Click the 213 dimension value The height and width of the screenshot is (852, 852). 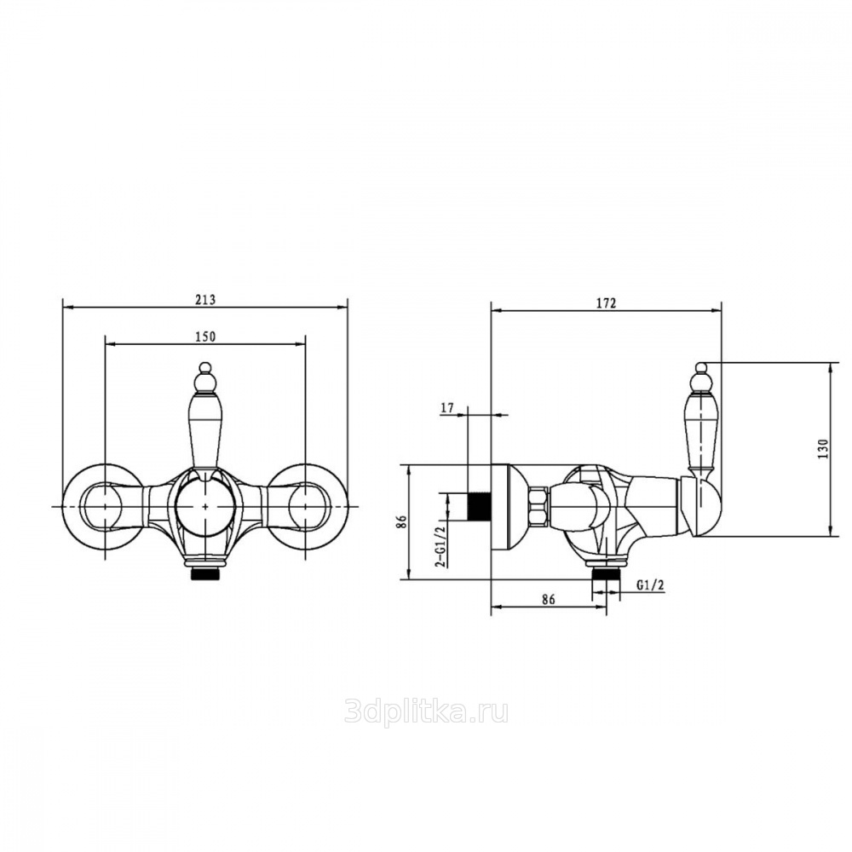pos(205,299)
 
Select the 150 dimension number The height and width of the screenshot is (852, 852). pos(205,337)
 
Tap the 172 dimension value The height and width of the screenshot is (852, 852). pos(607,304)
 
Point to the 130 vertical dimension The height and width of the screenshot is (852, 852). pos(823,449)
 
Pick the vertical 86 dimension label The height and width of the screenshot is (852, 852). pos(401,522)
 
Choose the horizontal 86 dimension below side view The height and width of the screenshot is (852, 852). pos(548,599)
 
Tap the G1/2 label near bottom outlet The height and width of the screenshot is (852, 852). pos(650,584)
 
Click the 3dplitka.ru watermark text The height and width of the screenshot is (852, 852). pos(427,711)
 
